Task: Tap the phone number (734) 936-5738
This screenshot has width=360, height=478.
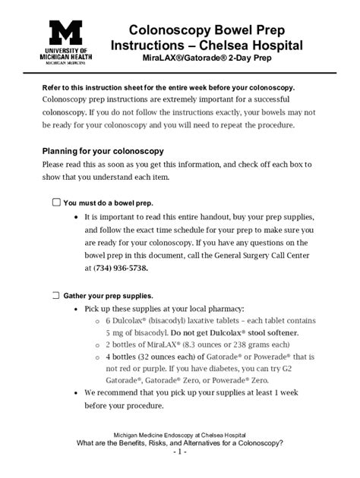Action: (x=122, y=269)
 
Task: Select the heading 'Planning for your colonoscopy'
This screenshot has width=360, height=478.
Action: (x=103, y=151)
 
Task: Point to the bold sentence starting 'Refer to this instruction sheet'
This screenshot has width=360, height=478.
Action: (x=167, y=87)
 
